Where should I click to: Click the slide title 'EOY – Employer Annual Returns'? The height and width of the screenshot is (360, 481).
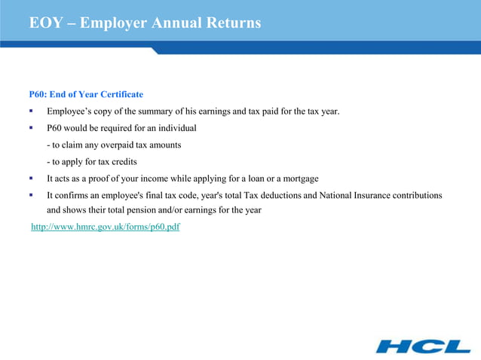(145, 23)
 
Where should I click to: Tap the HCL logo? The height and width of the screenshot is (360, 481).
(423, 346)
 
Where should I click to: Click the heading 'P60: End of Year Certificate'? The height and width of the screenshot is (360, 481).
(86, 95)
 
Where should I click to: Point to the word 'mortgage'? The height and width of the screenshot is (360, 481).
(300, 178)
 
